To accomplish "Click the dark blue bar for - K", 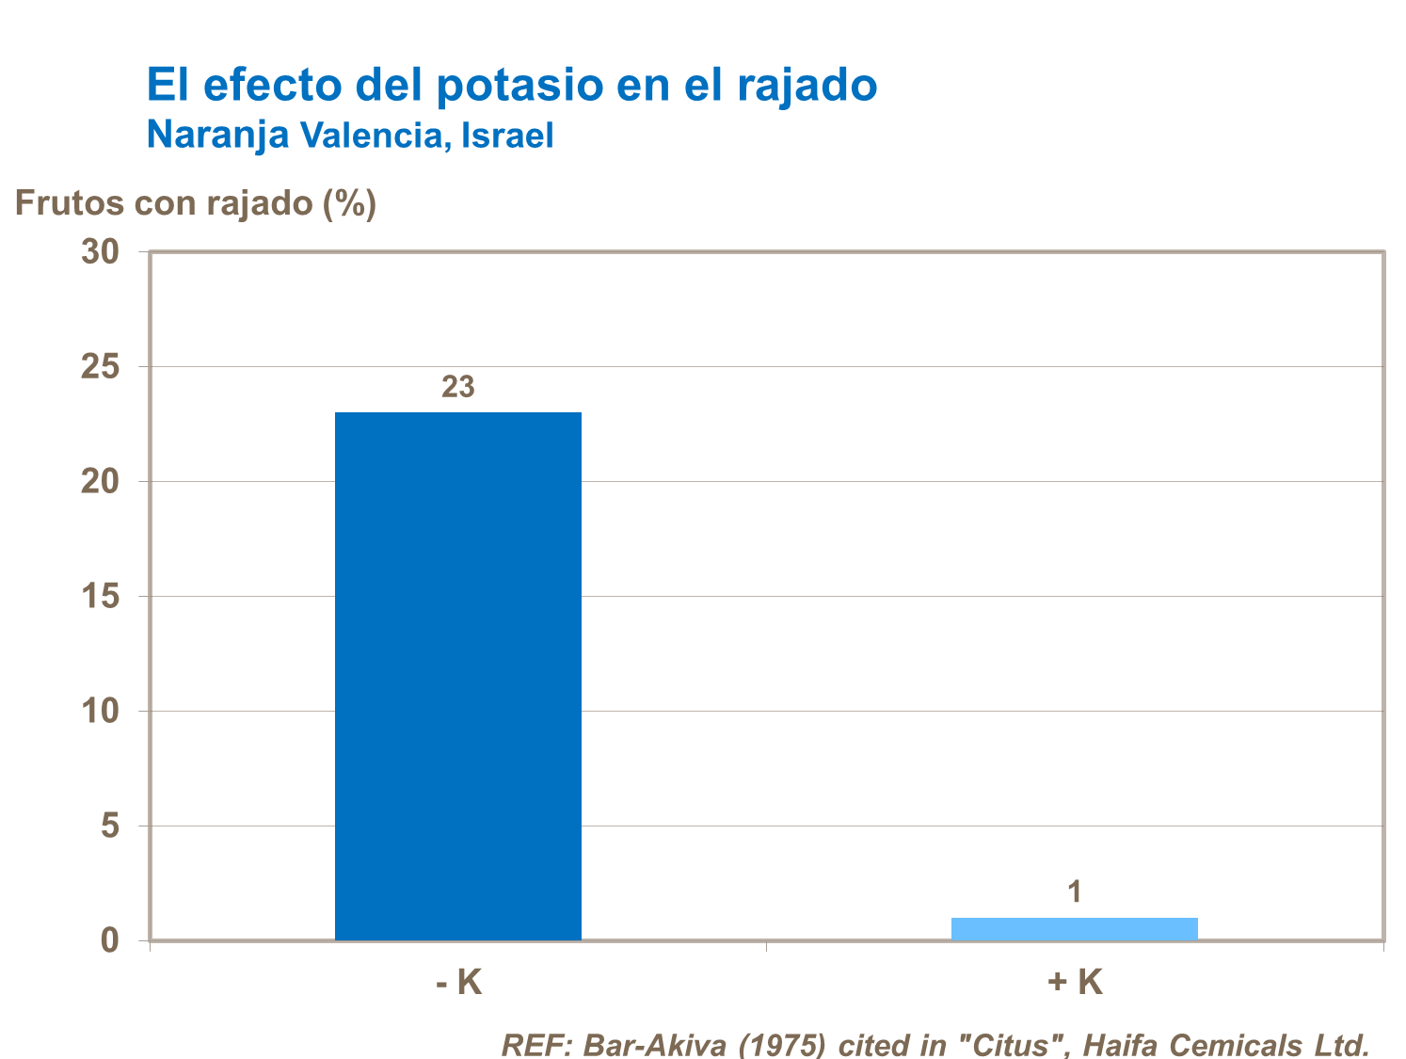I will click(x=458, y=676).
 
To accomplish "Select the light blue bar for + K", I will click(x=1074, y=928).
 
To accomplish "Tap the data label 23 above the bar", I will click(x=458, y=387).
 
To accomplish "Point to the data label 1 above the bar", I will click(x=1074, y=891).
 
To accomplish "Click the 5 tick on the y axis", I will click(x=110, y=826).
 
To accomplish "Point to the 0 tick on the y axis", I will click(x=110, y=940).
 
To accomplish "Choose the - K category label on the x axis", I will click(x=458, y=983).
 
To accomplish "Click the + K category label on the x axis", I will click(x=1074, y=983).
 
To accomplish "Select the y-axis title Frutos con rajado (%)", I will click(x=196, y=203).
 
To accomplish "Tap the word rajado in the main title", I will click(x=807, y=85).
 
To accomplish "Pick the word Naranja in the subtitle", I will click(x=217, y=136).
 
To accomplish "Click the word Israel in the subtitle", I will click(x=507, y=136).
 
